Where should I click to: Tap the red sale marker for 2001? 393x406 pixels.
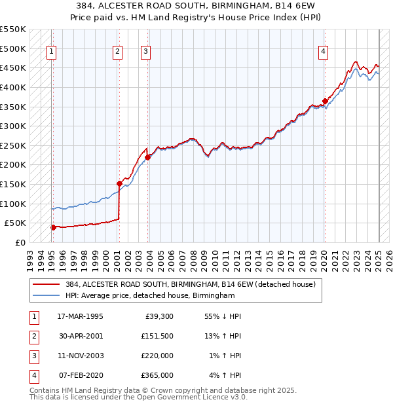tap(119, 183)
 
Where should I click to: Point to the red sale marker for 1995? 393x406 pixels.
tap(53, 227)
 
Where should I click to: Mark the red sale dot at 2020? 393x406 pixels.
tap(325, 101)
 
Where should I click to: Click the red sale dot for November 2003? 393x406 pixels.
tap(148, 157)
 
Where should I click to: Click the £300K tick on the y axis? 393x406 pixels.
tap(12, 126)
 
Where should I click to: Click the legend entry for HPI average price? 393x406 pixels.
tap(150, 296)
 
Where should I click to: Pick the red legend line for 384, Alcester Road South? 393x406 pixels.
tap(46, 284)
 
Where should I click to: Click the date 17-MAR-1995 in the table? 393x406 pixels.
tap(80, 316)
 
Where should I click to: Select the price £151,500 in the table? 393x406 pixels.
tap(157, 336)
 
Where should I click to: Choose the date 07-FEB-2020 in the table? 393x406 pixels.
tap(80, 375)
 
